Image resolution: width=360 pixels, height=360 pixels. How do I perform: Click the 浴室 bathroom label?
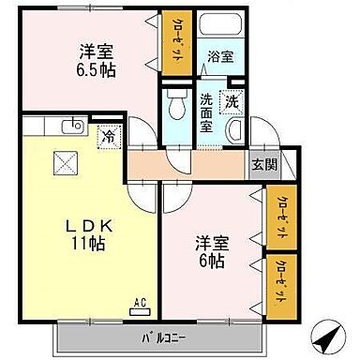(x=221, y=56)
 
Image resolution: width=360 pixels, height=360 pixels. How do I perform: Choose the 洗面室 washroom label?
(x=208, y=110)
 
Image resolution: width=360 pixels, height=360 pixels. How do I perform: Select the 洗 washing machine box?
(x=229, y=99)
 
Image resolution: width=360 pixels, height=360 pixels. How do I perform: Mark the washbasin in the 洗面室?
(x=235, y=129)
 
